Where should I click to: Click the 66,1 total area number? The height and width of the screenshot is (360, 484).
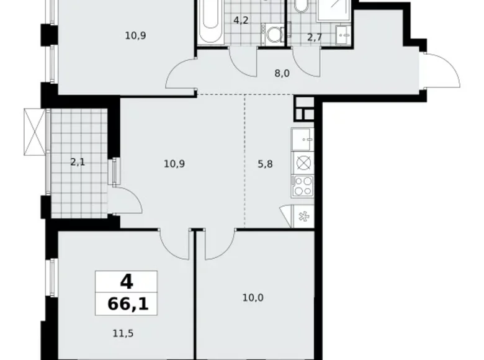coord(126,304)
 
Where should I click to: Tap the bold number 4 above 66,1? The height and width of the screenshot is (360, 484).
coord(126,283)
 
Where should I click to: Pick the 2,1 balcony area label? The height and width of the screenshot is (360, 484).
coord(79,163)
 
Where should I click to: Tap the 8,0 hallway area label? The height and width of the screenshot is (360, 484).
coord(283,71)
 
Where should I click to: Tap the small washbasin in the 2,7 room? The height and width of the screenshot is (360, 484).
coord(341,32)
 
